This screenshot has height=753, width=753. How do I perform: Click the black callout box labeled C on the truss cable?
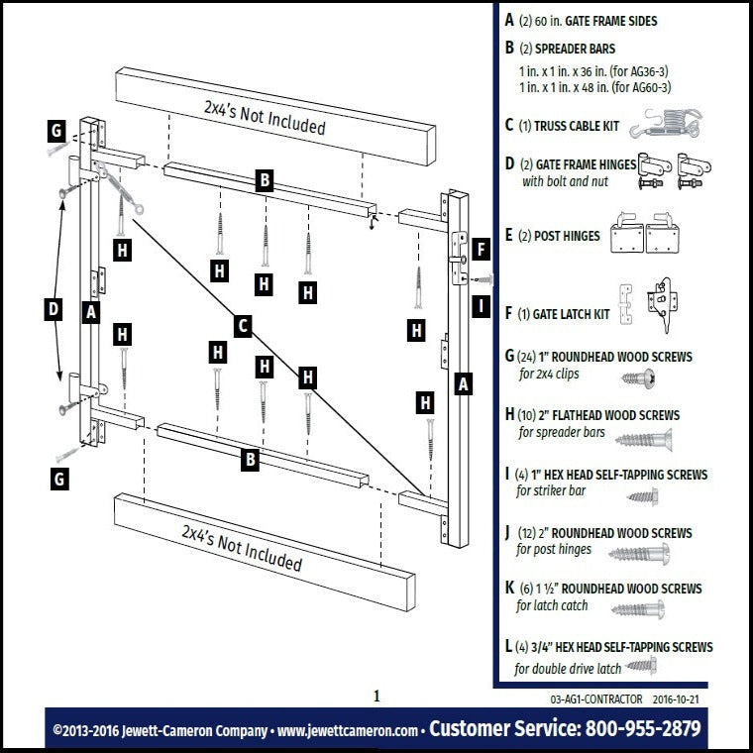(x=243, y=325)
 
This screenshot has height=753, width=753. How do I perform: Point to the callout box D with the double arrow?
(x=53, y=310)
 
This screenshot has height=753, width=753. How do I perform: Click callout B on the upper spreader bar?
(x=265, y=180)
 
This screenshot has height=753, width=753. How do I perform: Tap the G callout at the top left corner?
(x=57, y=131)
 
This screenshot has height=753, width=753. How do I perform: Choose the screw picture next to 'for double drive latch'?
(x=641, y=667)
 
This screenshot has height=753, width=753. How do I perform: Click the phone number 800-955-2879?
(x=643, y=730)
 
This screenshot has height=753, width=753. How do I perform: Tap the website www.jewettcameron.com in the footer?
(x=347, y=731)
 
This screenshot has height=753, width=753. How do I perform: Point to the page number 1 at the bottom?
(x=376, y=697)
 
